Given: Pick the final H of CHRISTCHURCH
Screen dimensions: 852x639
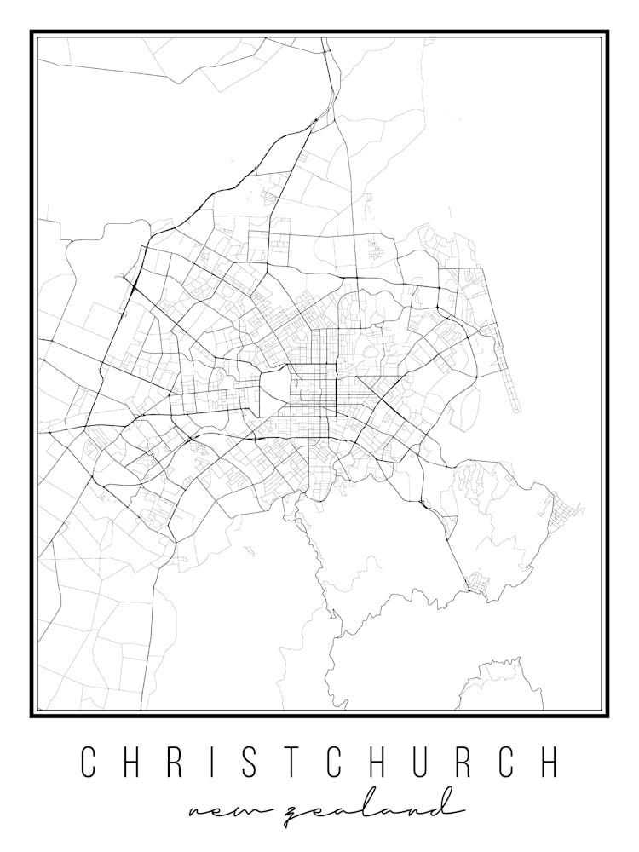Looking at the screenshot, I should (x=550, y=761).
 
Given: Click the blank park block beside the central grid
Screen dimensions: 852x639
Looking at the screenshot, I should (x=273, y=382).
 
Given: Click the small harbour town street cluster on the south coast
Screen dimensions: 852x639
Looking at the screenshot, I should (x=476, y=587).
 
